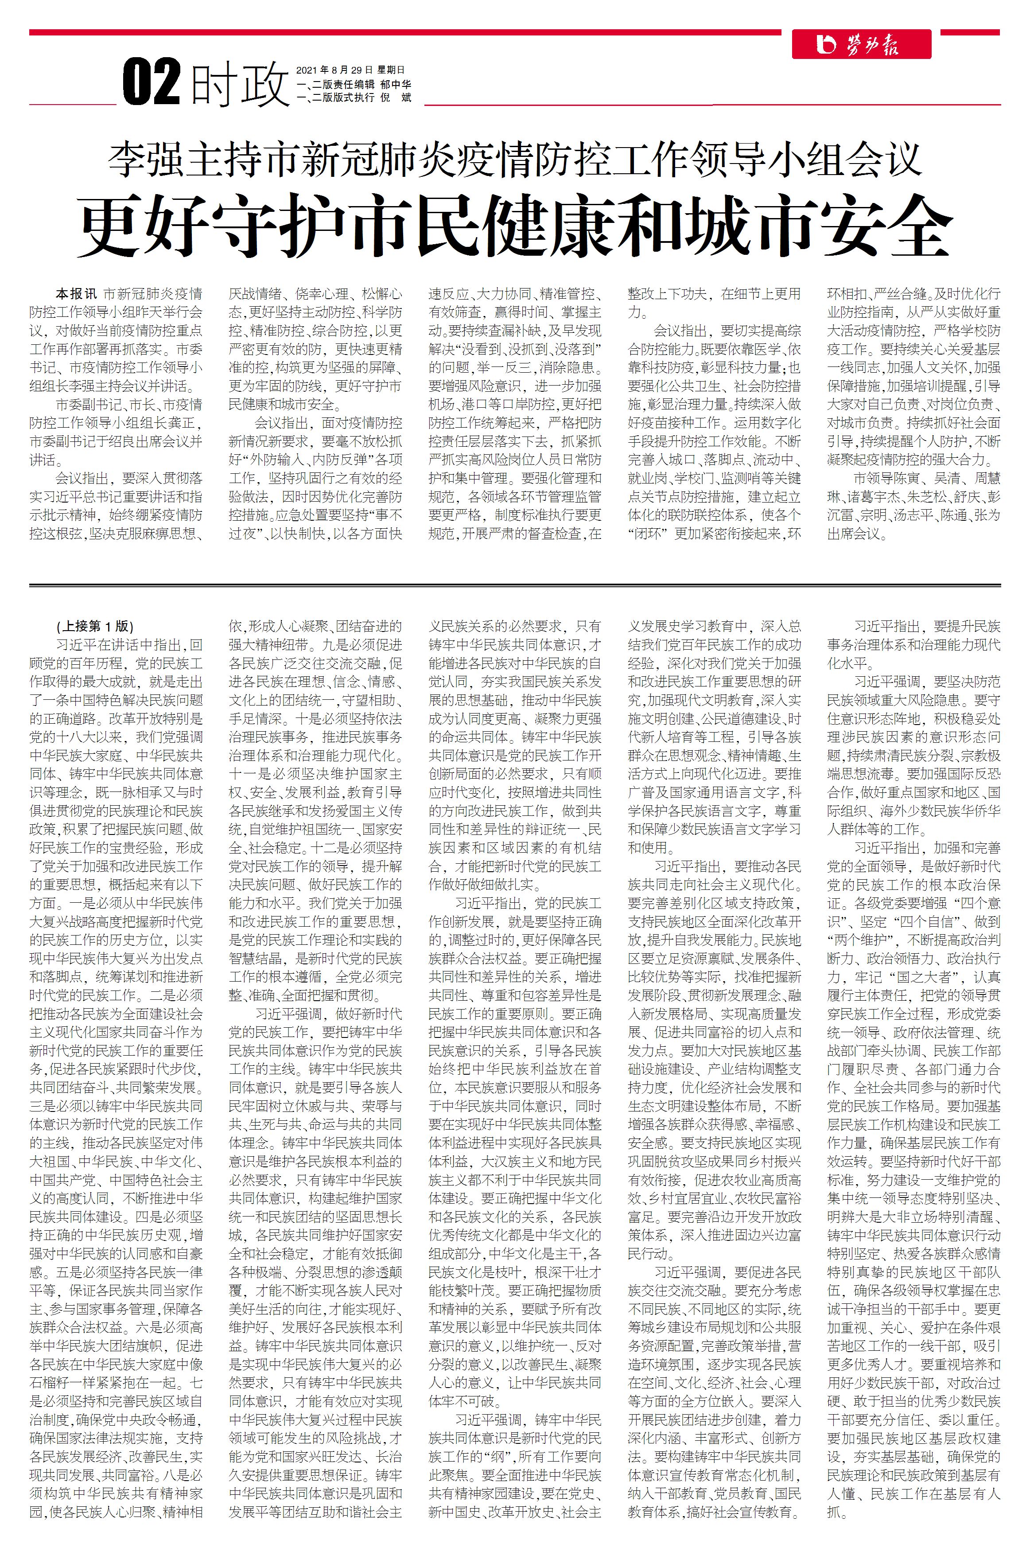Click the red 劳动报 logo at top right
point(860,45)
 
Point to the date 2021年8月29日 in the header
point(334,70)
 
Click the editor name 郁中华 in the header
point(396,84)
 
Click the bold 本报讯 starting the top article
point(76,294)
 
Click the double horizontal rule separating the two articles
point(515,584)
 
